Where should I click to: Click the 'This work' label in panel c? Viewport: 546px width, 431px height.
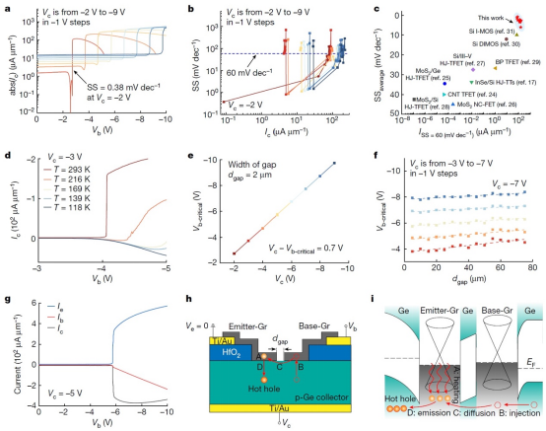[480, 18]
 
